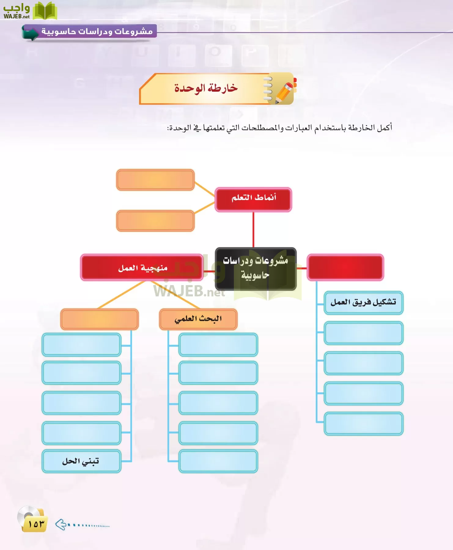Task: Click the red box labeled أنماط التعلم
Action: pyautogui.click(x=253, y=199)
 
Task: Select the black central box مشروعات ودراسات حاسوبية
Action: pyautogui.click(x=256, y=269)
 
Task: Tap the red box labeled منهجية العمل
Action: pyautogui.click(x=142, y=268)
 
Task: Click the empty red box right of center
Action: pyautogui.click(x=345, y=267)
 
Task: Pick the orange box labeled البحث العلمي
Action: pyautogui.click(x=198, y=319)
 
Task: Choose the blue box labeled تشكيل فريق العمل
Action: pyautogui.click(x=363, y=302)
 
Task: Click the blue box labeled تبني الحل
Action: pyautogui.click(x=81, y=461)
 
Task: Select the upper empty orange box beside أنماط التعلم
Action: pyautogui.click(x=155, y=180)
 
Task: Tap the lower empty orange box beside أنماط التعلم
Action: pyautogui.click(x=155, y=221)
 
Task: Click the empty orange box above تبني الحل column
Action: pyautogui.click(x=99, y=319)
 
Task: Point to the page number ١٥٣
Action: pyautogui.click(x=36, y=524)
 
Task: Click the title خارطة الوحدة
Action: pyautogui.click(x=206, y=88)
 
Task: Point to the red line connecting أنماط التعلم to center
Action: pyautogui.click(x=253, y=229)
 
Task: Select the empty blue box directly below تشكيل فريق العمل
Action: pyautogui.click(x=363, y=333)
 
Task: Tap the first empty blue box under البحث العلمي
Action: pyautogui.click(x=218, y=345)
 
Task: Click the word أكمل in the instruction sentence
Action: pyautogui.click(x=384, y=127)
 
